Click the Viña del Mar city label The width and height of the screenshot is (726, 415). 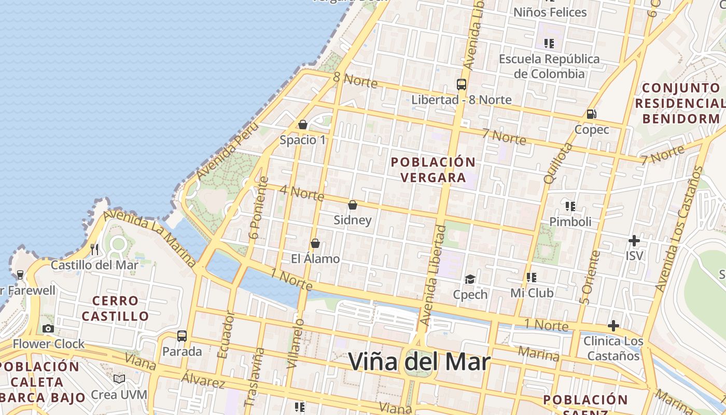(x=419, y=362)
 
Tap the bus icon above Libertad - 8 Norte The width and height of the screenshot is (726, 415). (x=461, y=84)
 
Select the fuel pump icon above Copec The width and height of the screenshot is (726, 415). (x=591, y=114)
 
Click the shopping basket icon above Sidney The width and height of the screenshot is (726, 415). (x=353, y=205)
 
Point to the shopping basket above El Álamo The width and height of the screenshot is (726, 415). (x=315, y=243)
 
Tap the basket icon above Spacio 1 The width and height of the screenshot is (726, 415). (x=303, y=125)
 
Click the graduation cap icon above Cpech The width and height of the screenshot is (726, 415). (x=470, y=280)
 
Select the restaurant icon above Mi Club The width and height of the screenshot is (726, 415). (x=532, y=278)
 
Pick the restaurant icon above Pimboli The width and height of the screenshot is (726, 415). (x=570, y=206)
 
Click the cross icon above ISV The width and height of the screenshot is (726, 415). (x=634, y=241)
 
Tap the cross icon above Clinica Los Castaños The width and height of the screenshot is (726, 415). (x=613, y=326)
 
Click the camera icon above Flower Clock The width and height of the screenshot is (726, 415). (x=48, y=328)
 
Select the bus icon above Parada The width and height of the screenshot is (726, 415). (x=181, y=336)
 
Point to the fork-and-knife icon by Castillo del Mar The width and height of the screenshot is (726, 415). (x=94, y=250)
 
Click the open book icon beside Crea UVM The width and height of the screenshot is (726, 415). (x=119, y=379)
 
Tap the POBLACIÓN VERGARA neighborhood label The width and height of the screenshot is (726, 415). (x=433, y=170)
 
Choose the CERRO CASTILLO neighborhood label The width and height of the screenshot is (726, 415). (x=115, y=308)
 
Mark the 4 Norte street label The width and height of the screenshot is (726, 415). (x=302, y=192)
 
